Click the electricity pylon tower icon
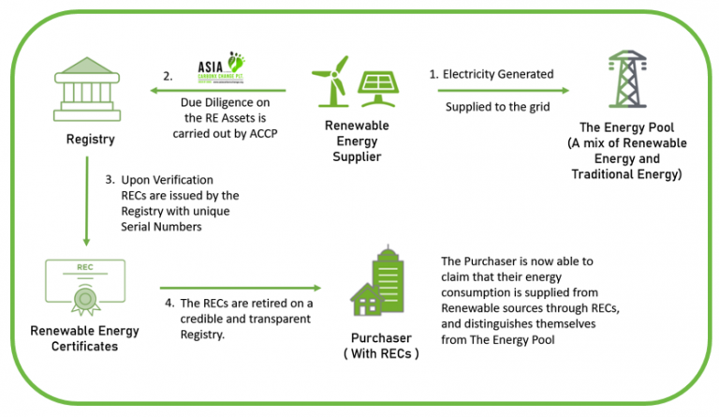[x=626, y=84]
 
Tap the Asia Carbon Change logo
[x=227, y=70]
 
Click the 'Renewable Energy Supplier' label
[x=357, y=140]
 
